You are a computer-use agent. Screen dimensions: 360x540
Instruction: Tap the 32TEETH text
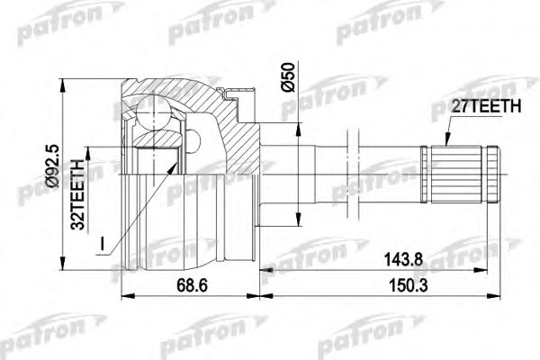[79, 193]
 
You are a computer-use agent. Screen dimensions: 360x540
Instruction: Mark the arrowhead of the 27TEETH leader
[444, 142]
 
